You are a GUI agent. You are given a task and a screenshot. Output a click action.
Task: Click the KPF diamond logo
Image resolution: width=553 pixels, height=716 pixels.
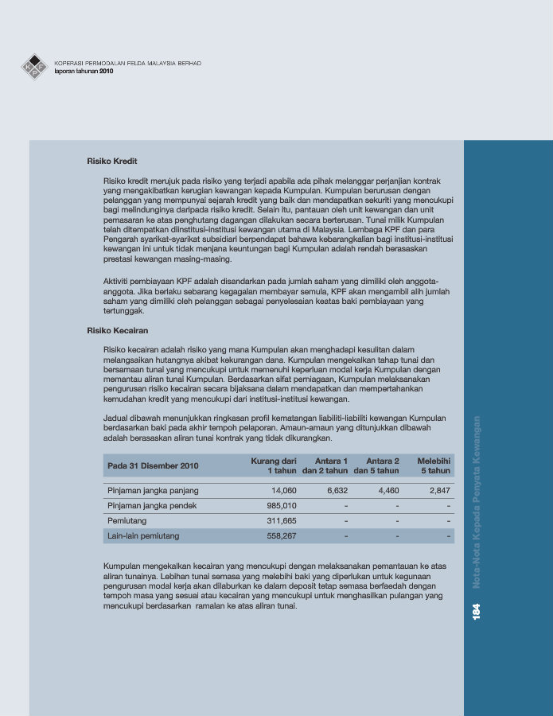[x=34, y=67]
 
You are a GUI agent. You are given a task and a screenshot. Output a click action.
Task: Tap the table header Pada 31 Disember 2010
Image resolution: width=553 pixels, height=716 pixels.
[x=153, y=465]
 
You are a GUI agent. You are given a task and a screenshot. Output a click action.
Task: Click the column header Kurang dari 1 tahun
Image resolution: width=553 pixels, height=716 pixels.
[x=274, y=465]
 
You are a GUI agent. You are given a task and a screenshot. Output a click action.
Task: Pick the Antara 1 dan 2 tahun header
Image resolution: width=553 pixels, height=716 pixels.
[x=325, y=465]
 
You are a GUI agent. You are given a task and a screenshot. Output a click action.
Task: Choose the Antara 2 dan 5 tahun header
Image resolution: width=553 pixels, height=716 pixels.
[x=376, y=465]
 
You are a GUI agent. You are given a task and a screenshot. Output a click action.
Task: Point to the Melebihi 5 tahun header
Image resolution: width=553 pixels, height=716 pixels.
[x=434, y=465]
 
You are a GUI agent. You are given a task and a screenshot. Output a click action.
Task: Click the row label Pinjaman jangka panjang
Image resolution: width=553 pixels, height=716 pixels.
[x=153, y=491]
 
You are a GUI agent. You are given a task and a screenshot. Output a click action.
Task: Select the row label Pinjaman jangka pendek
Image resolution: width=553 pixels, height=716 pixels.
[x=151, y=506]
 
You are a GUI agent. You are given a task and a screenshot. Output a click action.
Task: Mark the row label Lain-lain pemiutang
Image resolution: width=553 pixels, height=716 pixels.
[x=143, y=536]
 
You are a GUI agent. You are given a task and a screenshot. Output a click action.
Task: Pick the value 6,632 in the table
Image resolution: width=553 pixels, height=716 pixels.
[x=337, y=491]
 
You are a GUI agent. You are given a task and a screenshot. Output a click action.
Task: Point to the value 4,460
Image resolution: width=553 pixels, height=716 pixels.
[x=388, y=491]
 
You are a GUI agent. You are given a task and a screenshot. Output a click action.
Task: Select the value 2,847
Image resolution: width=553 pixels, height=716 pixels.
[x=440, y=491]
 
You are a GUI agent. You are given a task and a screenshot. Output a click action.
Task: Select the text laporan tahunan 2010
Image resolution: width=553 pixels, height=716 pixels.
[x=84, y=72]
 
